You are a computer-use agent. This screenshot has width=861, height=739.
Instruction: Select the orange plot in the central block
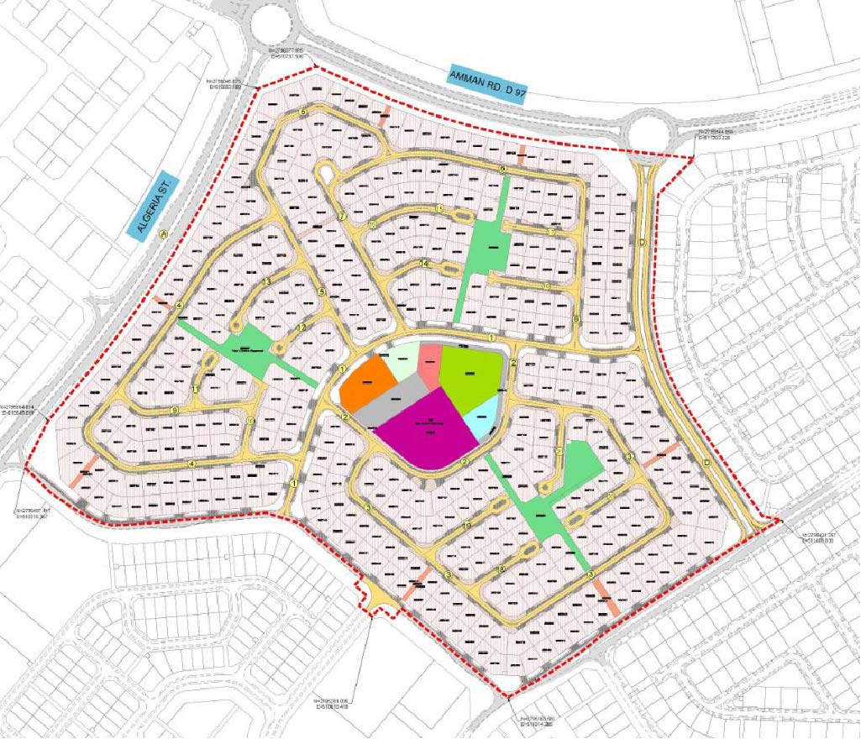(x=369, y=385)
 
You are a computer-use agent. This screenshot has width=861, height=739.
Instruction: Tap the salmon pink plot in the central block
(x=430, y=365)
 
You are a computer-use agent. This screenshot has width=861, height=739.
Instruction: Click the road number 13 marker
(x=266, y=281)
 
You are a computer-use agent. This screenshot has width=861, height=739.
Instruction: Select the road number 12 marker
(x=300, y=326)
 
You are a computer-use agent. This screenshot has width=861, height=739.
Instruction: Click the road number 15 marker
(x=371, y=225)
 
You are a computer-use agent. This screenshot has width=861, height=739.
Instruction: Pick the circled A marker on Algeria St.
(x=164, y=235)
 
